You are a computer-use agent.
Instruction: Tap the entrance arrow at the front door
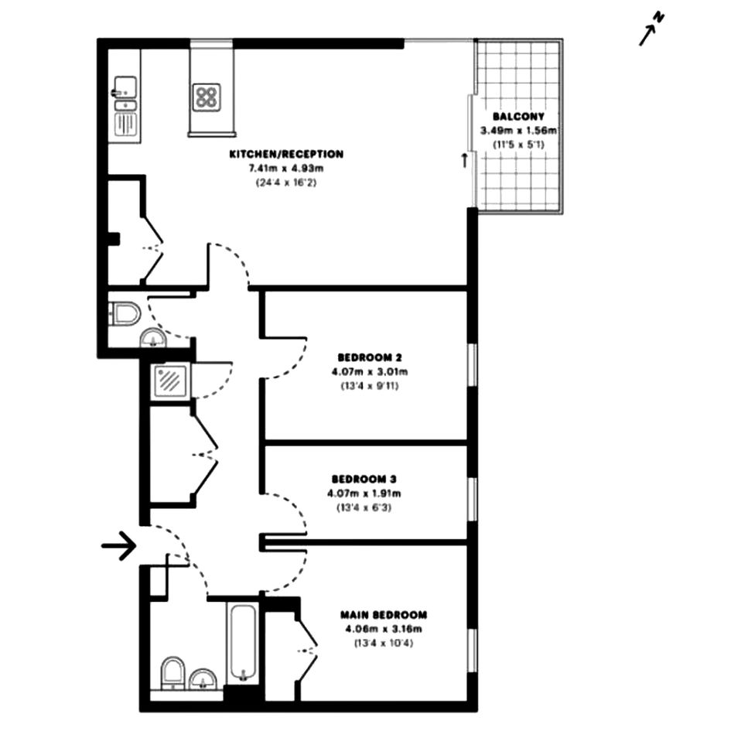pos(119,545)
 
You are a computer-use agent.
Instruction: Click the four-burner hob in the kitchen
pos(207,97)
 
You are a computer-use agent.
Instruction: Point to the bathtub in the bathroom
pos(243,643)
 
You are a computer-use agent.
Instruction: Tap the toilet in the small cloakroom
pos(125,313)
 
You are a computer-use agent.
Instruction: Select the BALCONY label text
pos(518,117)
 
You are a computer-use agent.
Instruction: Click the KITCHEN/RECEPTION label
pos(286,154)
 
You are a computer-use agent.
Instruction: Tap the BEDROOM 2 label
pos(370,357)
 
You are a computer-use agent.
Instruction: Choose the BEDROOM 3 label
pos(364,479)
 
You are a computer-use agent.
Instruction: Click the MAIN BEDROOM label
pos(384,614)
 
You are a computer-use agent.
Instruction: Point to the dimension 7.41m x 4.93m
pos(286,168)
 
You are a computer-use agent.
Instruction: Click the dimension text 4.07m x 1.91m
pos(364,493)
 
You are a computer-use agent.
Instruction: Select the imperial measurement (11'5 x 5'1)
pos(518,145)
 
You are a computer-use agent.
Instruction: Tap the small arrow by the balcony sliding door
pos(464,160)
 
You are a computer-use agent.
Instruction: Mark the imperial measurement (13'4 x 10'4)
pos(384,643)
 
